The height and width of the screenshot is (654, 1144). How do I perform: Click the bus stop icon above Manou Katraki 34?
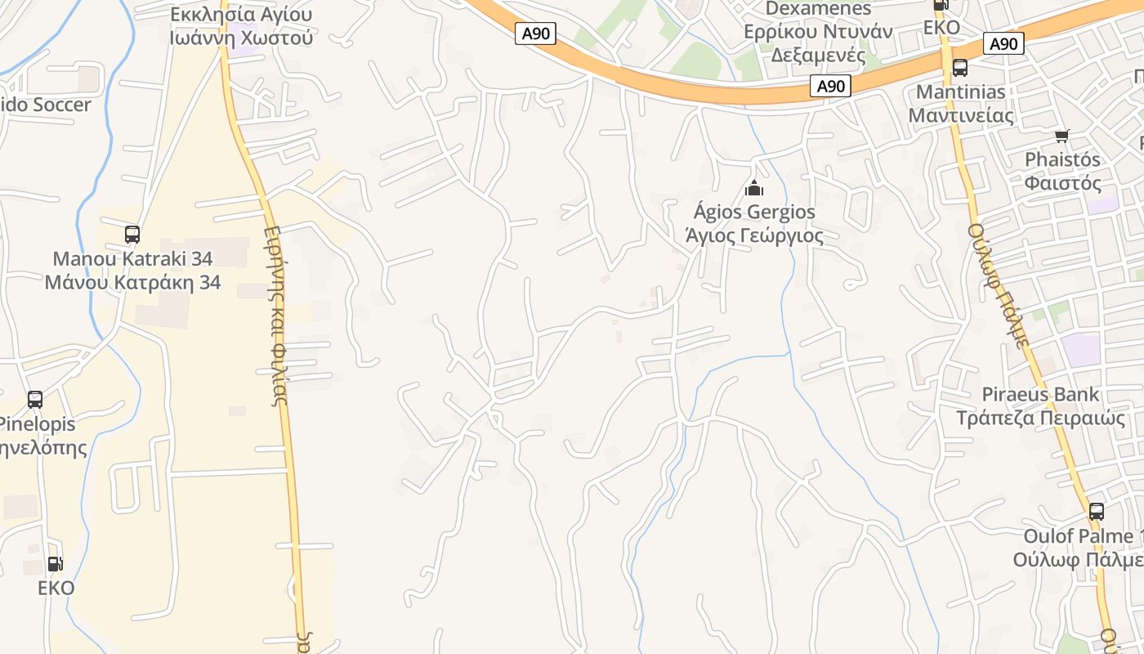(132, 235)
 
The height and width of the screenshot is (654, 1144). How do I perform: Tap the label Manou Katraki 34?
(132, 259)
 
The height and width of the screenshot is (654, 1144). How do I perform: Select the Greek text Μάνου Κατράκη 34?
(132, 283)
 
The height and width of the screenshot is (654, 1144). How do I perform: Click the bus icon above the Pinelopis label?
(35, 400)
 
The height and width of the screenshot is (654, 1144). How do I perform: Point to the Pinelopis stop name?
(37, 424)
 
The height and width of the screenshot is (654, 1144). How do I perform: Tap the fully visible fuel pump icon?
(55, 563)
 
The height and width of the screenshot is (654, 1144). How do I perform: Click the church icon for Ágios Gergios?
(753, 189)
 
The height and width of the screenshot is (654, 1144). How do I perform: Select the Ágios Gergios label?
(753, 212)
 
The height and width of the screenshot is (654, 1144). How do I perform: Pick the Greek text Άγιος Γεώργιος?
(753, 235)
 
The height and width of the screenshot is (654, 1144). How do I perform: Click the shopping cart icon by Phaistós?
(1061, 136)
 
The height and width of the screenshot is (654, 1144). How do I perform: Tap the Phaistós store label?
(1062, 159)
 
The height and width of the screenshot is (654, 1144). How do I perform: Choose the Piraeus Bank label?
(1040, 395)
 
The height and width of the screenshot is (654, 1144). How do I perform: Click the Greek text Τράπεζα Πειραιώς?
(1040, 419)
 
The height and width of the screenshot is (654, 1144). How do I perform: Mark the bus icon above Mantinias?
(960, 68)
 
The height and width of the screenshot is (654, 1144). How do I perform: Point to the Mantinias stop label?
(960, 92)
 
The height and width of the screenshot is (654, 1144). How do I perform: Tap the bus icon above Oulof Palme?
(1097, 512)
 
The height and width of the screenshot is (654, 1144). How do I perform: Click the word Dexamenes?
(818, 9)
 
